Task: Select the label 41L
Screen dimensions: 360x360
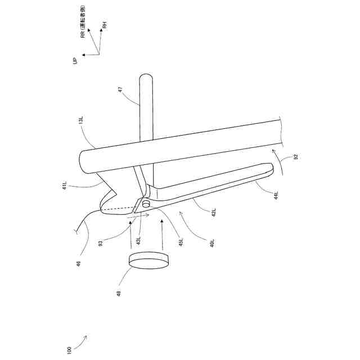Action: (x=65, y=186)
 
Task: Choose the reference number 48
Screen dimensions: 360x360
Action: (x=120, y=293)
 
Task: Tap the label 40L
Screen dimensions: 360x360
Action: (x=211, y=244)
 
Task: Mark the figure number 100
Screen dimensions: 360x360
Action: (x=69, y=350)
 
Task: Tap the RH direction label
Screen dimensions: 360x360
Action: (x=104, y=25)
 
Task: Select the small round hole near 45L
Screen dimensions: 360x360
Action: (x=145, y=203)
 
